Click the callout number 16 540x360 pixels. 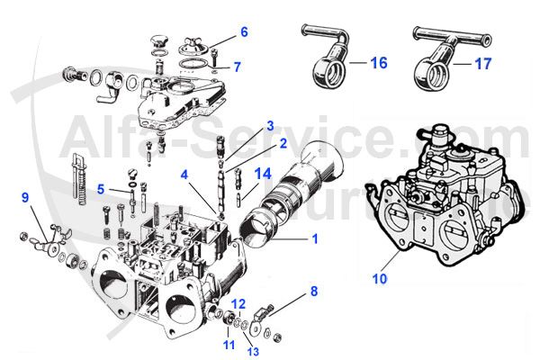pos(378,63)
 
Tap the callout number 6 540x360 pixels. pos(243,33)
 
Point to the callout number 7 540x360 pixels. pos(237,67)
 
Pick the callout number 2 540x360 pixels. pos(257,142)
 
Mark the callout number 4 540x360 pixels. pos(184,175)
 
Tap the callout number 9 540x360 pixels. pos(25,196)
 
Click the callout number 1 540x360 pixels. pos(314,239)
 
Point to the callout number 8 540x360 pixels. pos(314,291)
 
